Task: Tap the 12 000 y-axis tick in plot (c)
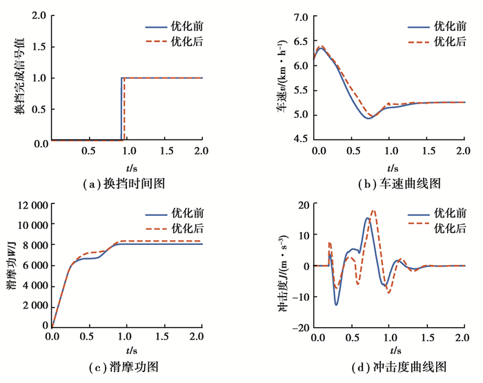coord(30,205)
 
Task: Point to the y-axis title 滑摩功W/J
coord(11,266)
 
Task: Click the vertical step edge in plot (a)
coord(121,109)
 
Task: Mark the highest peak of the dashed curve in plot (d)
coord(373,210)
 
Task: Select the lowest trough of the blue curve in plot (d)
coord(336,304)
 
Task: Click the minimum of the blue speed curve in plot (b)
coord(369,118)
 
